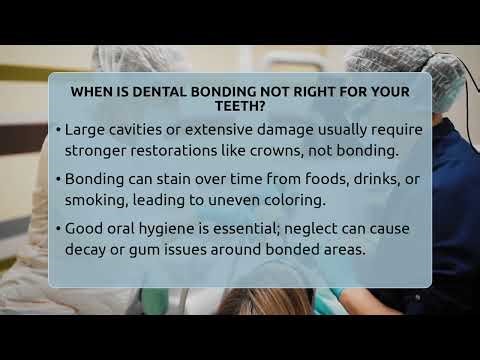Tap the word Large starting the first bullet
click(x=85, y=130)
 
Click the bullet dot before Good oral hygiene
click(x=59, y=228)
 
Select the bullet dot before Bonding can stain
click(x=59, y=179)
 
